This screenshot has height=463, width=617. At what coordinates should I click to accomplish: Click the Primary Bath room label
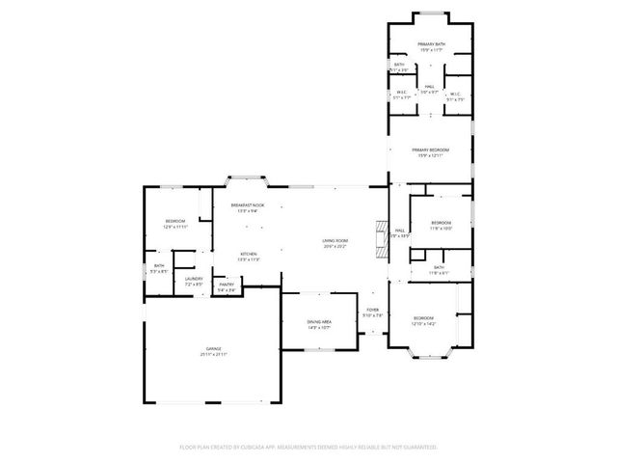click(x=430, y=45)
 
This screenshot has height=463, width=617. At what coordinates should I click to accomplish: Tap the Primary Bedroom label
click(x=431, y=150)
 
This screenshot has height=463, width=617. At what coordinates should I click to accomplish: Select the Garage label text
click(x=213, y=347)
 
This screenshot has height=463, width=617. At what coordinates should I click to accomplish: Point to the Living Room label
click(x=335, y=241)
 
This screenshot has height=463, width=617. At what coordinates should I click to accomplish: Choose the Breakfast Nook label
click(x=248, y=205)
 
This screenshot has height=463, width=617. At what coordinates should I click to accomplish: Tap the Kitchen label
click(x=249, y=254)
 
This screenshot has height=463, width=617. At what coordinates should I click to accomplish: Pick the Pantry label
click(x=227, y=284)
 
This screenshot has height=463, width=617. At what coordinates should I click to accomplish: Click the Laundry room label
click(x=194, y=280)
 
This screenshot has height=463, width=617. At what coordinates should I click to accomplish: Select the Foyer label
click(x=372, y=310)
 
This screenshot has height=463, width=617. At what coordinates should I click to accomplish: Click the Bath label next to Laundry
click(x=158, y=267)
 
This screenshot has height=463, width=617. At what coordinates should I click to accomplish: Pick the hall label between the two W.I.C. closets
click(x=430, y=88)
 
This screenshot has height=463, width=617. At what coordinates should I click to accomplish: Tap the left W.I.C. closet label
click(x=401, y=93)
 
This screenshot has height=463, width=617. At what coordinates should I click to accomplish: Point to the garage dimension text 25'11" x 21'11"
click(x=213, y=354)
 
